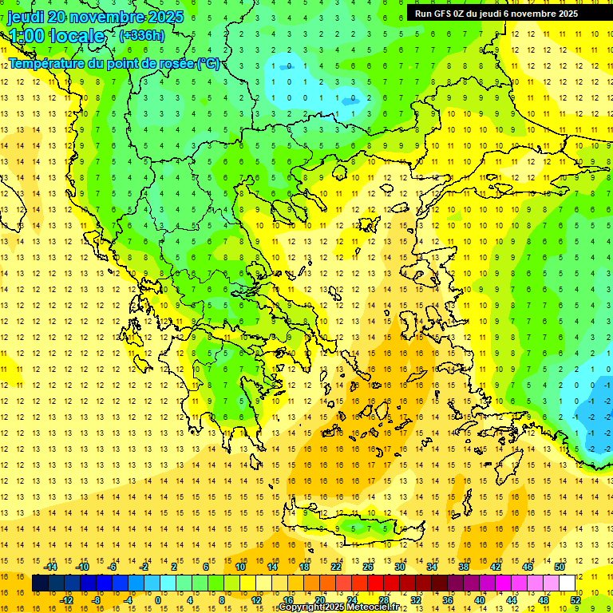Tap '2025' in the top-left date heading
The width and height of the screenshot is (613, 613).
pyautogui.click(x=165, y=17)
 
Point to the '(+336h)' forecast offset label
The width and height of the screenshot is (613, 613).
pyautogui.click(x=142, y=35)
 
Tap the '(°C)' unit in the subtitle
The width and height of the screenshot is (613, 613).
pyautogui.click(x=208, y=63)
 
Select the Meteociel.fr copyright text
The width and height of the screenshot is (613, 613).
pyautogui.click(x=338, y=607)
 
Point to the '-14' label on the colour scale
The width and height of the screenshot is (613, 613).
pyautogui.click(x=51, y=567)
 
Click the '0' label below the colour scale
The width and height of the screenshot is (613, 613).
pyautogui.click(x=157, y=600)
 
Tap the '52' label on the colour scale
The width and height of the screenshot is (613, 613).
pyautogui.click(x=575, y=600)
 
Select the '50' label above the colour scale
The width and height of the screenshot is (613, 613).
pyautogui.click(x=559, y=567)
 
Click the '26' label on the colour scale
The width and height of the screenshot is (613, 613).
pyautogui.click(x=367, y=567)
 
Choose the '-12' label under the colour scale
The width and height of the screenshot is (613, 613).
pyautogui.click(x=67, y=600)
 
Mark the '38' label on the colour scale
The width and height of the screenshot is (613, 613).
pyautogui.click(x=463, y=567)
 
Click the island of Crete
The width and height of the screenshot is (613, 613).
pyautogui.click(x=363, y=528)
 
